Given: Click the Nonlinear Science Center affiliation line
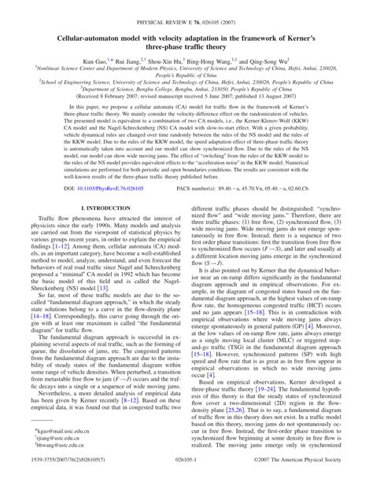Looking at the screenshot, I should coord(186,70).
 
